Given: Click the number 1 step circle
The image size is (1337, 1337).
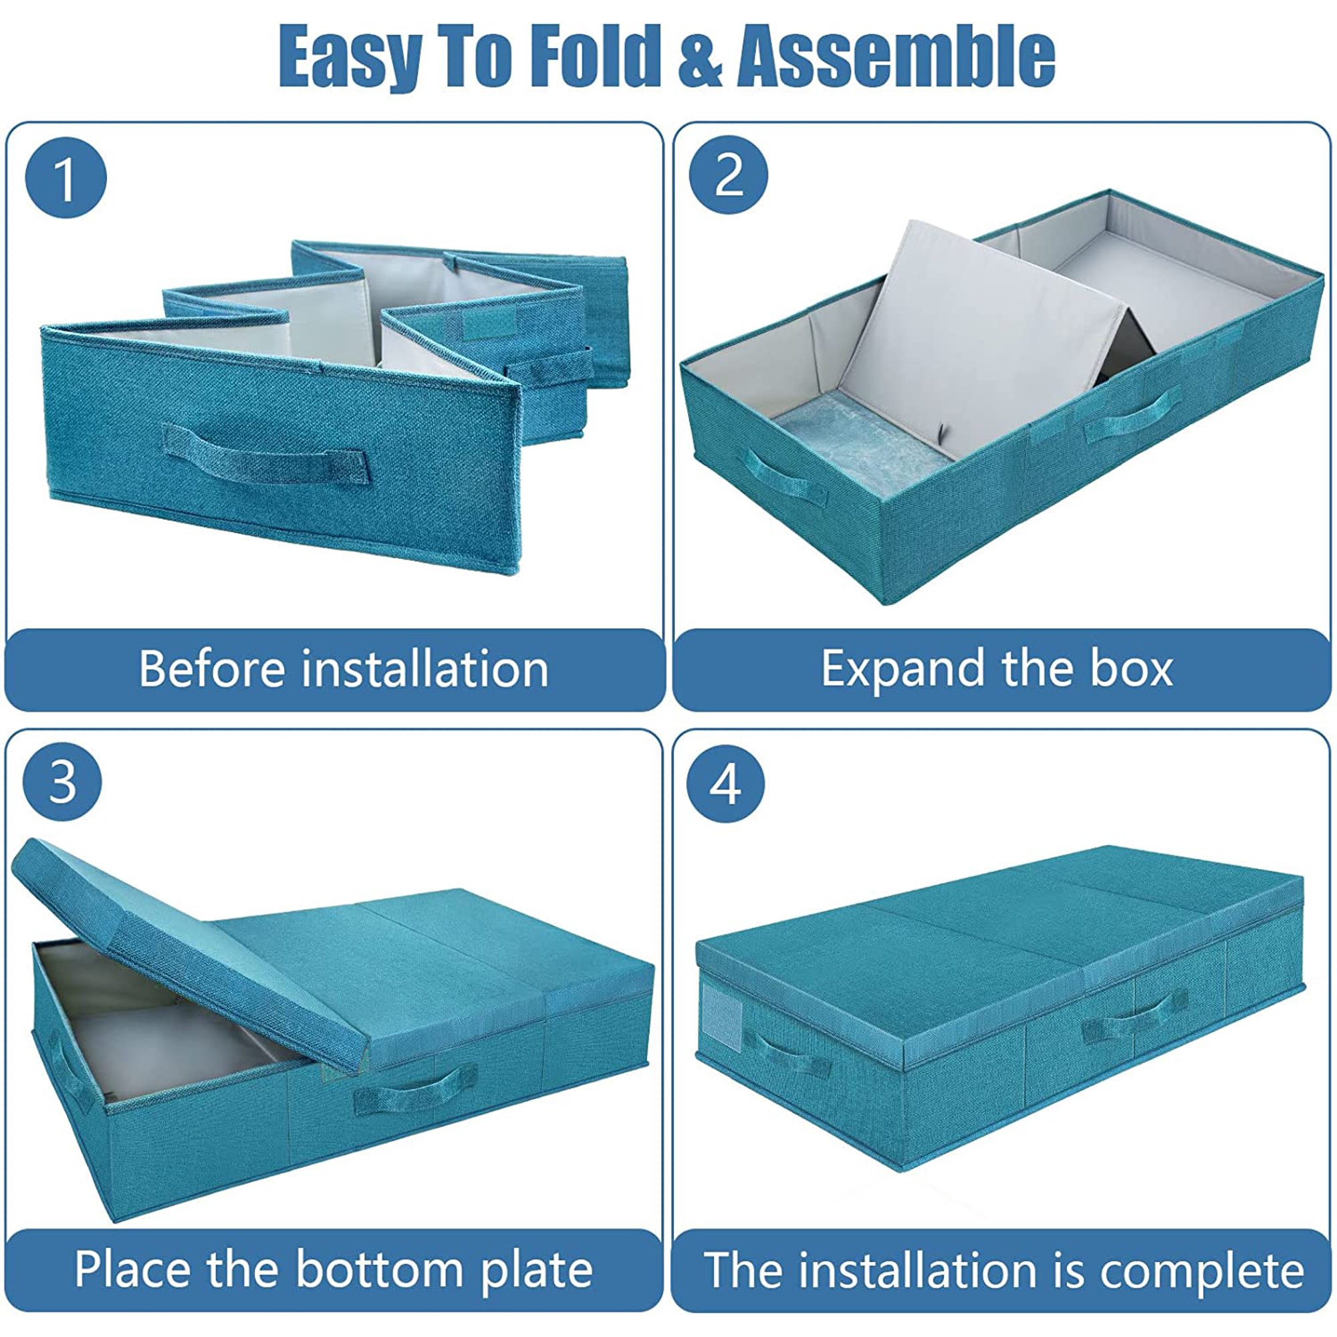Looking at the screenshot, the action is point(66,179).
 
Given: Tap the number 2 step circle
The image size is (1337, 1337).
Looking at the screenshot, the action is point(729,176).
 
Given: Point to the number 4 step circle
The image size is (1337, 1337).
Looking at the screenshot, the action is point(725,785).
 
